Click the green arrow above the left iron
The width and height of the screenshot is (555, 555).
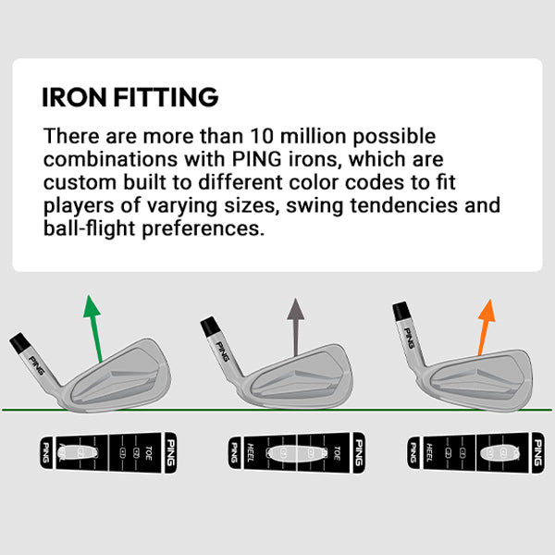93,329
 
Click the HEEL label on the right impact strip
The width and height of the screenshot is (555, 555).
430,452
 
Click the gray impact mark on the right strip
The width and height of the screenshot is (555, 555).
501,452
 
